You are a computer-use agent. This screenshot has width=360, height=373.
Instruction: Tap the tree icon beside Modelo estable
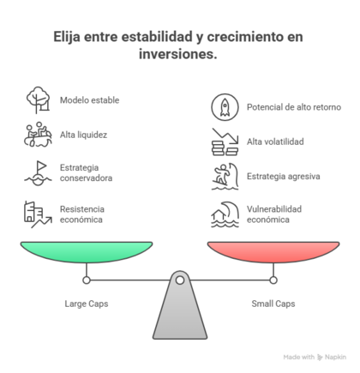[x=38, y=100]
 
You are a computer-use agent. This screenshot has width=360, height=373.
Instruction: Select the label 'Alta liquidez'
[x=83, y=135]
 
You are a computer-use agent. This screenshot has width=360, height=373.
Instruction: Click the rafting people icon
[x=38, y=135]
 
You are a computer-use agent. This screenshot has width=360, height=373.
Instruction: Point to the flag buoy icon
[x=38, y=173]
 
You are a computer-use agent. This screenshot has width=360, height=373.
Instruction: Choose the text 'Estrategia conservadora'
[x=86, y=172]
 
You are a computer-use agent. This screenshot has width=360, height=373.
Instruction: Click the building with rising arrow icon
[x=38, y=214]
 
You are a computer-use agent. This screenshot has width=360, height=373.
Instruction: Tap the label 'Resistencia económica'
[x=82, y=214]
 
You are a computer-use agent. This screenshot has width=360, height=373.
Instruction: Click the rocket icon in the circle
[x=225, y=107]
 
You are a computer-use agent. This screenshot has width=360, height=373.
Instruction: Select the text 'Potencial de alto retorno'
[x=294, y=107]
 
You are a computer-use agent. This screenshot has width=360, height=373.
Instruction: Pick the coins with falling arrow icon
[x=225, y=141]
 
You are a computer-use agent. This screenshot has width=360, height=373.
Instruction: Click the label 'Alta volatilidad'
[x=275, y=141]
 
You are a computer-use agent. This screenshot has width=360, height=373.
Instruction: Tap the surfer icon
[x=225, y=177]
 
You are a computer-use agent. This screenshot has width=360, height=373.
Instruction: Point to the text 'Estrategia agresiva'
[x=283, y=176]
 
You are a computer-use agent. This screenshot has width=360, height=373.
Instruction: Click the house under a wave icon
[x=225, y=214]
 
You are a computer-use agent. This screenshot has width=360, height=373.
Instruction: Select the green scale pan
[x=87, y=251]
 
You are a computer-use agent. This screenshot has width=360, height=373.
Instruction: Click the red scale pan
[x=273, y=251]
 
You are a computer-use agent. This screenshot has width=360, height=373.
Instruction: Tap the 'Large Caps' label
[x=87, y=304]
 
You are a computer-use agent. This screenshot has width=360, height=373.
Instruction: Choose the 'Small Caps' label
[x=273, y=304]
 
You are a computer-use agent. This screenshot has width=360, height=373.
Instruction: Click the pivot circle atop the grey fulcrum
[x=180, y=280]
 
